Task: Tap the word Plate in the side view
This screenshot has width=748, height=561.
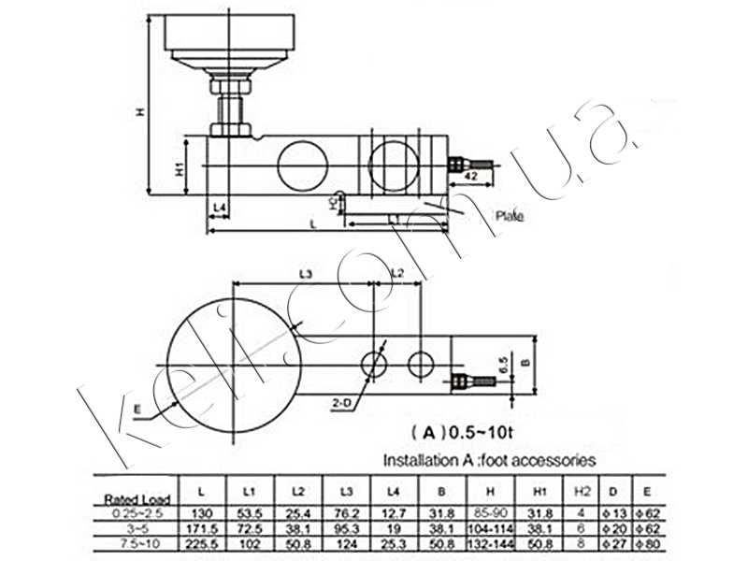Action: pyautogui.click(x=510, y=216)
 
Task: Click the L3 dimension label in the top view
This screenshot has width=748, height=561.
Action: pyautogui.click(x=305, y=272)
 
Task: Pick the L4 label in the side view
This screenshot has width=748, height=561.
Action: pyautogui.click(x=220, y=206)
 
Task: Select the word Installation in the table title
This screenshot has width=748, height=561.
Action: pyautogui.click(x=422, y=459)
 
